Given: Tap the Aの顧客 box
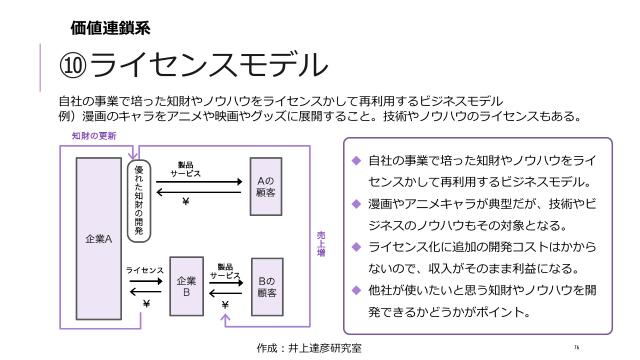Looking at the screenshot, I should point(266,181).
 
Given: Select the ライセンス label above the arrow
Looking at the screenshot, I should point(144,270).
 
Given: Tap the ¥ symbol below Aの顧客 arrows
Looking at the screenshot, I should point(186,201).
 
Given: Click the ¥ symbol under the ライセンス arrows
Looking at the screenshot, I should point(146,303).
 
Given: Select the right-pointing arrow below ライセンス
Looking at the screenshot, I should point(144,281).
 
